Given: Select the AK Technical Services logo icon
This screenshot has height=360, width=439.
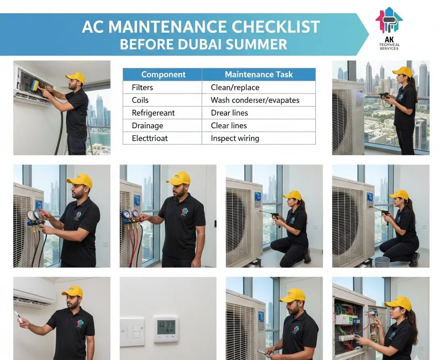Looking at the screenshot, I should pyautogui.click(x=389, y=20).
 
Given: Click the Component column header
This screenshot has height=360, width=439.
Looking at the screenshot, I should pyautogui.click(x=163, y=75).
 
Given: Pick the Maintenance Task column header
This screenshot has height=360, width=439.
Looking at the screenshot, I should pyautogui.click(x=259, y=75).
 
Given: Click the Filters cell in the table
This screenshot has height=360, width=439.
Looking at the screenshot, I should pyautogui.click(x=143, y=87).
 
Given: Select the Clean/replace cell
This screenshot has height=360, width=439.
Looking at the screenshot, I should pyautogui.click(x=235, y=87).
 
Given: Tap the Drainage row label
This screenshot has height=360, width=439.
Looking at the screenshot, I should pyautogui.click(x=147, y=125).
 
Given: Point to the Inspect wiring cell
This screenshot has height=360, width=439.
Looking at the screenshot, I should pyautogui.click(x=235, y=138).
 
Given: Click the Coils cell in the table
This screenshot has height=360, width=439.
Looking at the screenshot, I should pyautogui.click(x=140, y=100).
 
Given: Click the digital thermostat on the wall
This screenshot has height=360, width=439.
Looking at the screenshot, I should pyautogui.click(x=166, y=328).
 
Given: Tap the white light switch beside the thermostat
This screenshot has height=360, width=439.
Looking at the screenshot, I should pyautogui.click(x=132, y=331).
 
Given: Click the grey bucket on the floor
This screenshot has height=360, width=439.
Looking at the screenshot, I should pyautogui.click(x=382, y=262).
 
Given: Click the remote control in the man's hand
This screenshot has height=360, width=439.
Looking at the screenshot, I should pyautogui.click(x=18, y=316).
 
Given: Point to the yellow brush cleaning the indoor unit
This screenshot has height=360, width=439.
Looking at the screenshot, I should pyautogui.click(x=35, y=85).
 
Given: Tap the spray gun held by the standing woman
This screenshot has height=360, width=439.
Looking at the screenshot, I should pyautogui.click(x=383, y=96).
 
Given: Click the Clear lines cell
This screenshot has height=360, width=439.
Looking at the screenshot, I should pyautogui.click(x=229, y=125).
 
